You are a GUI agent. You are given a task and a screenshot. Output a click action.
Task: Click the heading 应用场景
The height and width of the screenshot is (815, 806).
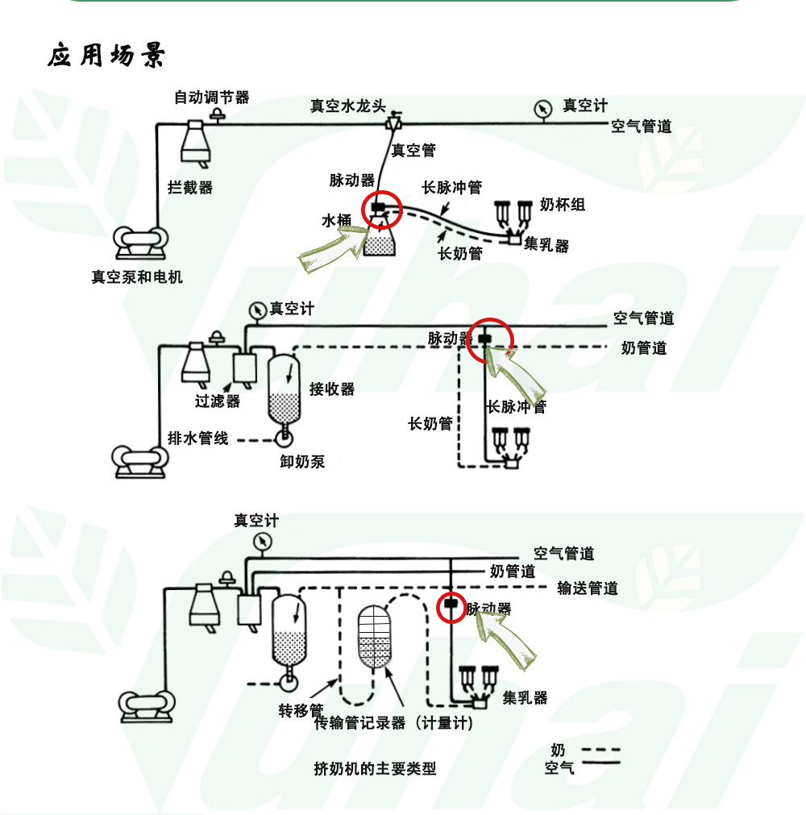tap(106, 56)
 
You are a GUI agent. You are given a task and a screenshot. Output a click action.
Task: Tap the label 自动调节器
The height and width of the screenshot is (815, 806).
tap(212, 98)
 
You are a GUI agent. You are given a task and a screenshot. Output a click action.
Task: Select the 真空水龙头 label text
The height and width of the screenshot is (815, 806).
tap(348, 106)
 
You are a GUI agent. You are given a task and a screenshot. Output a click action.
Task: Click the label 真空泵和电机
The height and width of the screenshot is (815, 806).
tap(136, 277)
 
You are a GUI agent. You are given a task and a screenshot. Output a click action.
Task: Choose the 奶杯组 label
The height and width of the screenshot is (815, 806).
tap(562, 204)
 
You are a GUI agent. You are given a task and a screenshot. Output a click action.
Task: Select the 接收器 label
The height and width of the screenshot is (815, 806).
tap(332, 389)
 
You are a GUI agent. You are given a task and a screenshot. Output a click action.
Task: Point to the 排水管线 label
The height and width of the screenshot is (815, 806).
tap(198, 439)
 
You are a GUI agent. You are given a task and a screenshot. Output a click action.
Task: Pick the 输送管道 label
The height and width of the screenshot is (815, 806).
tap(588, 588)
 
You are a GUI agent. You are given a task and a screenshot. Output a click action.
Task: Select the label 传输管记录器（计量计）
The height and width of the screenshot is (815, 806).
tap(394, 723)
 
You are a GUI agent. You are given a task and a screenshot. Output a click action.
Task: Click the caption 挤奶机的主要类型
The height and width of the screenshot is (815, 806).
tap(375, 768)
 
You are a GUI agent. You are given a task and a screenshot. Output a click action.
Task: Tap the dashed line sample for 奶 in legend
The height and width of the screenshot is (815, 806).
tap(601, 750)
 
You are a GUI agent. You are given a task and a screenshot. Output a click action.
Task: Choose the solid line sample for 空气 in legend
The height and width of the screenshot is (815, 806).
tap(601, 762)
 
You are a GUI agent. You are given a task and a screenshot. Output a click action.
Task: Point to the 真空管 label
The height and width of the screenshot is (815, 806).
tap(413, 150)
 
